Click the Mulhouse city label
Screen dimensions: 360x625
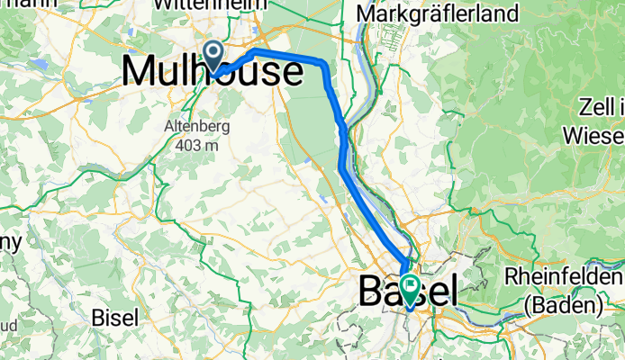(212, 71)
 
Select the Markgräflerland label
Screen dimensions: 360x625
(439, 13)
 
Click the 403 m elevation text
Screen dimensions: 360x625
(199, 144)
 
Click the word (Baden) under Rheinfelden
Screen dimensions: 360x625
(566, 305)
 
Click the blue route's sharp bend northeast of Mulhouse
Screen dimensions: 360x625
(322, 62)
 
